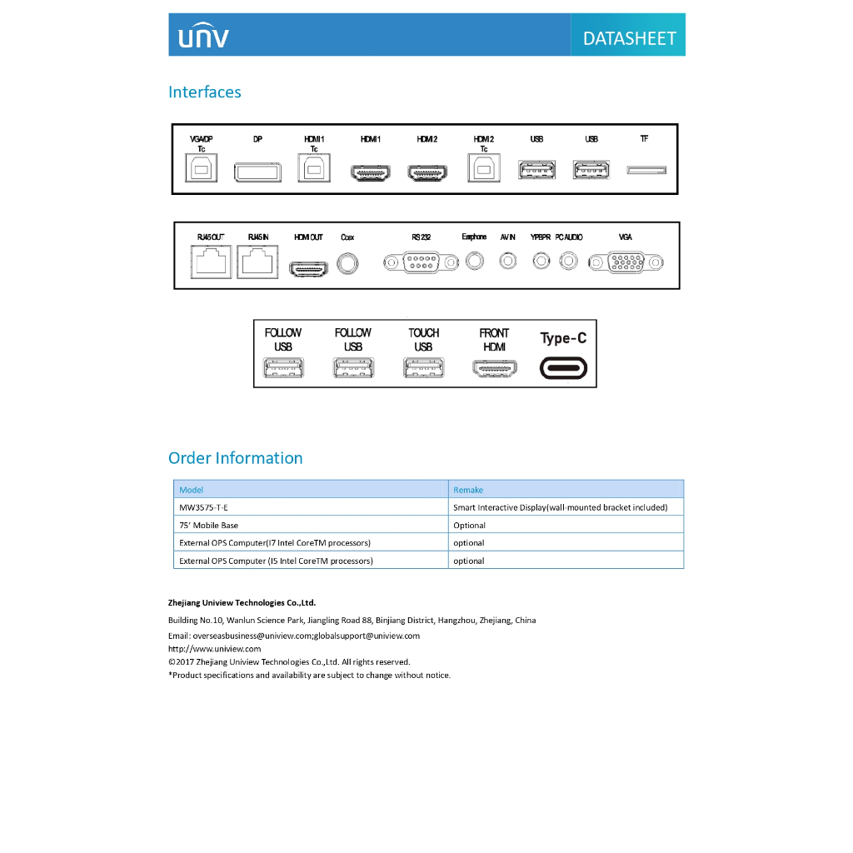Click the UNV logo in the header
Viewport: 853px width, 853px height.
[x=202, y=37]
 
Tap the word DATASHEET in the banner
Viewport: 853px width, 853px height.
[x=629, y=38]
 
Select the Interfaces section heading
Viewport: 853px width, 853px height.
[x=205, y=92]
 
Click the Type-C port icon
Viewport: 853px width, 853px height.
[x=564, y=367]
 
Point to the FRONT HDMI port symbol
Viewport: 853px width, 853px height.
[x=494, y=367]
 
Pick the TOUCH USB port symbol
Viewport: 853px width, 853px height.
[x=423, y=367]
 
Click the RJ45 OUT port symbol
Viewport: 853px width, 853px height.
[x=211, y=264]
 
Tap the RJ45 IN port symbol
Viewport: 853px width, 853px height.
[x=258, y=264]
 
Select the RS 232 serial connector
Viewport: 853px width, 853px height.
[x=421, y=263]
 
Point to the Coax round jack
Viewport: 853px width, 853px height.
[x=348, y=263]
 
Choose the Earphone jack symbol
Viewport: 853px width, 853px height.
[x=475, y=261]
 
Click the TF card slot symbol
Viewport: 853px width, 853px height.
[x=646, y=170]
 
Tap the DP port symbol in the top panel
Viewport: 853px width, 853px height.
[x=257, y=172]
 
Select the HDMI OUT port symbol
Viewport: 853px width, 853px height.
[x=308, y=267]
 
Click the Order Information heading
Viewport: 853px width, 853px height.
[x=236, y=458]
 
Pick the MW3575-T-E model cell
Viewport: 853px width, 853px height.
[x=204, y=507]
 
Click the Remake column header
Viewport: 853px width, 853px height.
[x=468, y=490]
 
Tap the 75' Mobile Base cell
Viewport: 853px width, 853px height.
[x=209, y=526]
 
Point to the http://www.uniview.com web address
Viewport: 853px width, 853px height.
[x=215, y=649]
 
